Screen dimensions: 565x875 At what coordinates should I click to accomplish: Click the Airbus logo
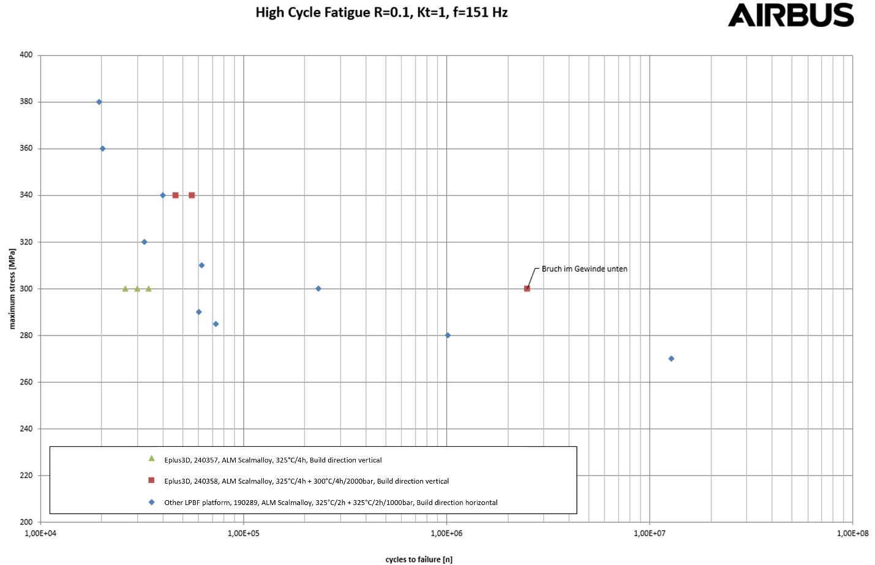(790, 15)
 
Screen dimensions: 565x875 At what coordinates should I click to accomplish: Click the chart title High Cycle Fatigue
(381, 12)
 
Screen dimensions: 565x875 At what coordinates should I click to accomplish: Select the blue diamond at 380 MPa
(99, 102)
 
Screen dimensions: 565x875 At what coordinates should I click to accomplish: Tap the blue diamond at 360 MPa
(102, 149)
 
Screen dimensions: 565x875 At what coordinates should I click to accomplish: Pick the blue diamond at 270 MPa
(671, 359)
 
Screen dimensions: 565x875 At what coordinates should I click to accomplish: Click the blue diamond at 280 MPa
(448, 335)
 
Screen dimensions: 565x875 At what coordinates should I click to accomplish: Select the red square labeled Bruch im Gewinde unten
(527, 288)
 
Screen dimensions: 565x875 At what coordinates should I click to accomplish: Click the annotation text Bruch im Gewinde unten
(584, 269)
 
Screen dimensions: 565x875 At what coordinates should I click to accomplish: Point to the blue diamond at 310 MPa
(201, 265)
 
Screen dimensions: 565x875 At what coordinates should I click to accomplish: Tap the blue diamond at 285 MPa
(216, 324)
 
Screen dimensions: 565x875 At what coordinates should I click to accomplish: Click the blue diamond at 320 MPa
(145, 242)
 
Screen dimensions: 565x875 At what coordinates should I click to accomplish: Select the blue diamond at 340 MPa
(163, 195)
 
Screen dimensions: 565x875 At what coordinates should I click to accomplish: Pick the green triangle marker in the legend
(151, 458)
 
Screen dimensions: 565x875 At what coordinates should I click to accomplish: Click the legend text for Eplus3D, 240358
(306, 481)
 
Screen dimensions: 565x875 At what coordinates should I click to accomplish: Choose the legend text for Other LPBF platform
(331, 503)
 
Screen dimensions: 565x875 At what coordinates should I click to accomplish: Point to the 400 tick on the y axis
(26, 55)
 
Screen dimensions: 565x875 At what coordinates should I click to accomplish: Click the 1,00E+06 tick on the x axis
(446, 533)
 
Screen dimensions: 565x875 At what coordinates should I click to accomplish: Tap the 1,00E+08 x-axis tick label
(852, 533)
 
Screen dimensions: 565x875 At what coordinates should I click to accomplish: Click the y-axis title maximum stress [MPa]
(12, 288)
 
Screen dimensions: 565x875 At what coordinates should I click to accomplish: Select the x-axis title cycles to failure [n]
(419, 559)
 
